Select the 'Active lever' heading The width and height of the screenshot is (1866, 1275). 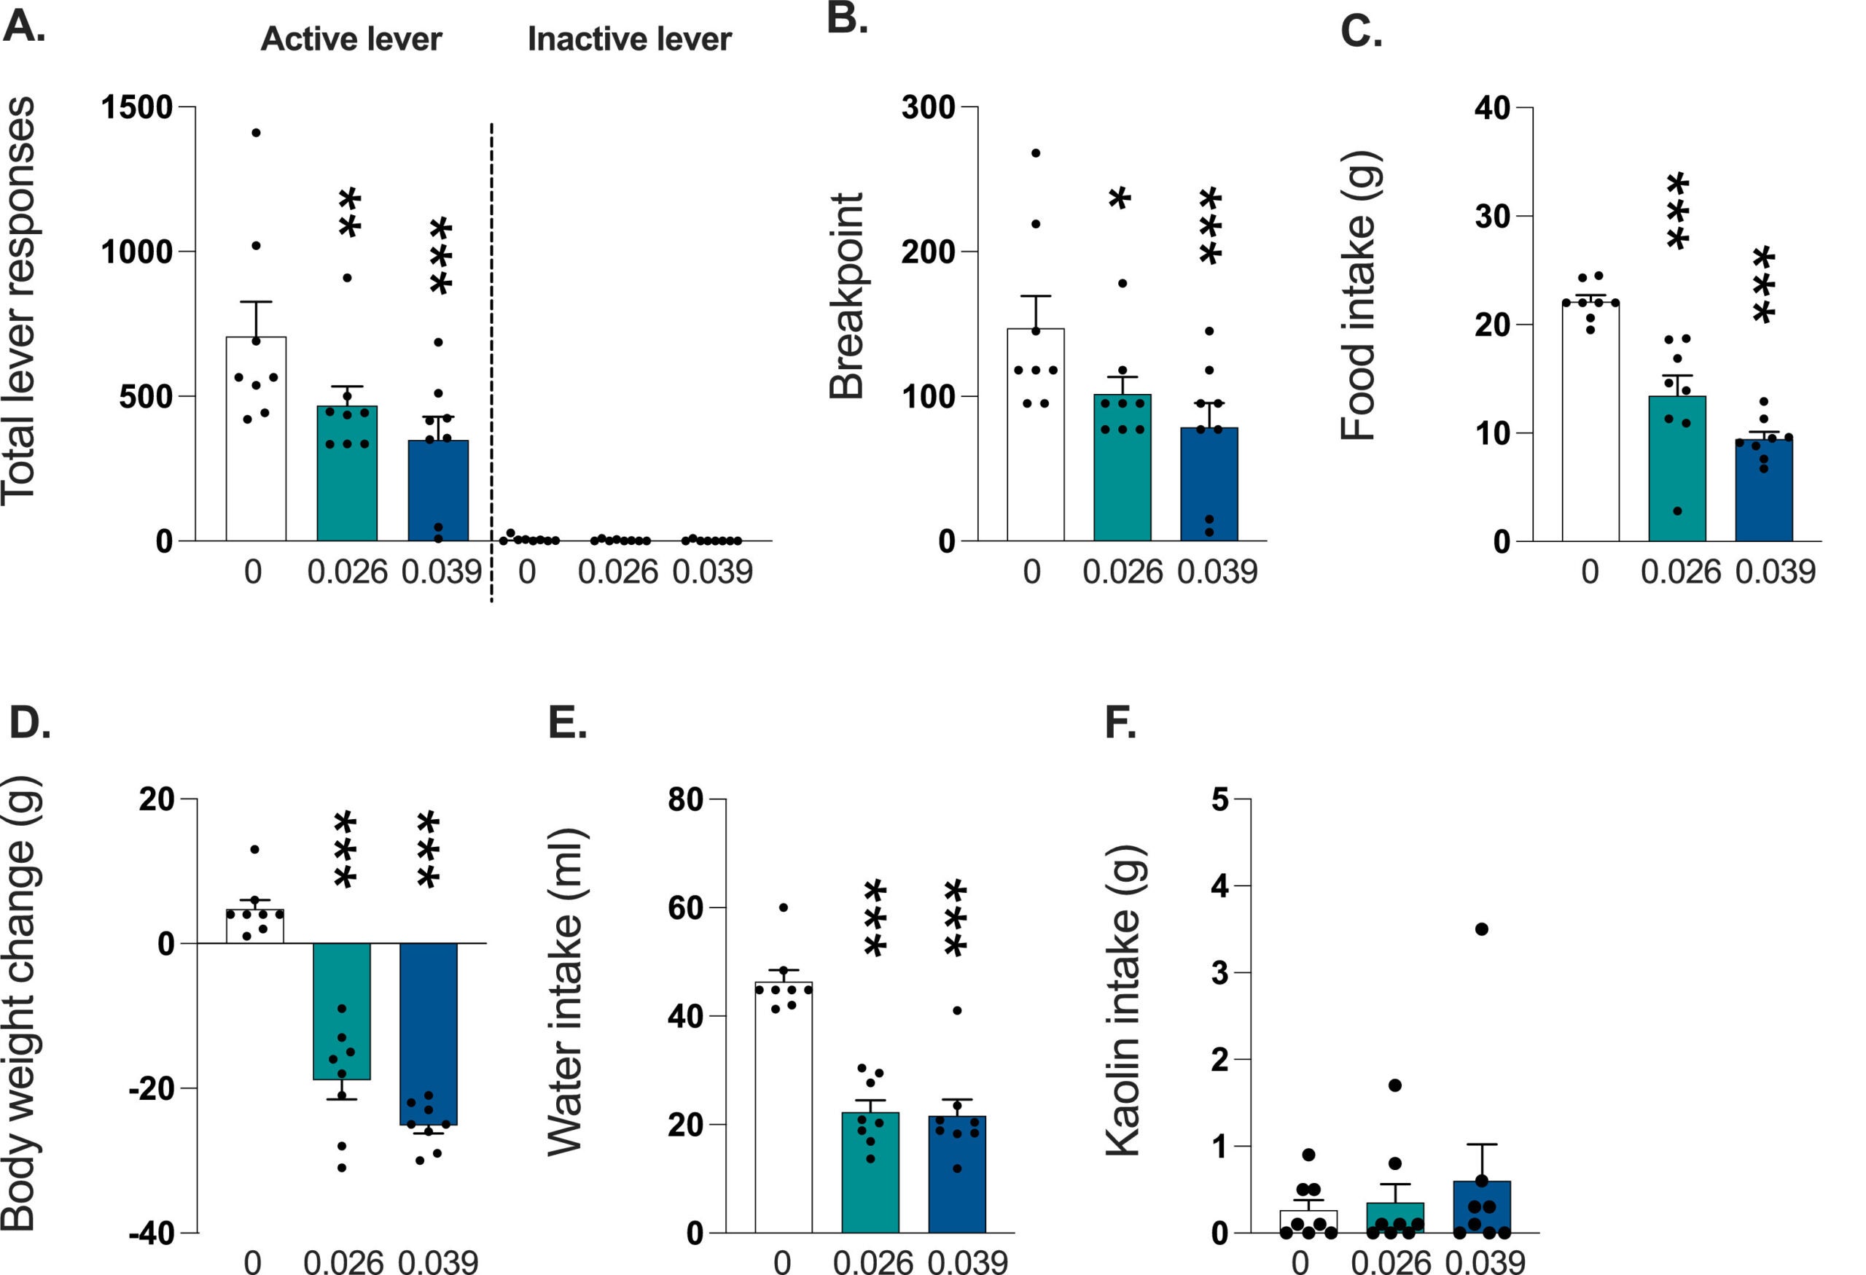[x=351, y=39]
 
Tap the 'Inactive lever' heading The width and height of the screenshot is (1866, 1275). [x=629, y=39]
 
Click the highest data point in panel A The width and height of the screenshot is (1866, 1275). [x=256, y=133]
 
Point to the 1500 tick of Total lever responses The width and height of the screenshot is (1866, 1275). [x=137, y=106]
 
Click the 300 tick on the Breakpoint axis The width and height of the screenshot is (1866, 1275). [x=928, y=106]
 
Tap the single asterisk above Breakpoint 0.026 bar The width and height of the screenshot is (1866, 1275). [x=1120, y=199]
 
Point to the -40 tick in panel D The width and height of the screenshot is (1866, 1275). [x=152, y=1233]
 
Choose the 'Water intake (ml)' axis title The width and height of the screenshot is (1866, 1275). [x=566, y=992]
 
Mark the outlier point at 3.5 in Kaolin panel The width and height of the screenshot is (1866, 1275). [x=1481, y=929]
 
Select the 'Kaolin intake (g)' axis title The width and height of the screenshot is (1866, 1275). [x=1124, y=1000]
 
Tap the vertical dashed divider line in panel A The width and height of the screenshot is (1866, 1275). [x=491, y=362]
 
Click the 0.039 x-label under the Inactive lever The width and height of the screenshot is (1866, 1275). [x=712, y=572]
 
